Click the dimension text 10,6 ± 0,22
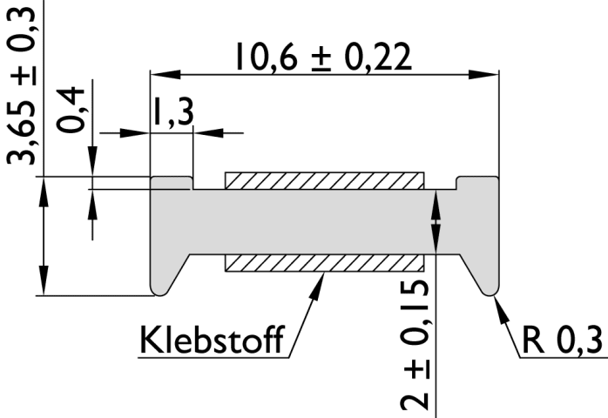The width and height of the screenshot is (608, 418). [321, 57]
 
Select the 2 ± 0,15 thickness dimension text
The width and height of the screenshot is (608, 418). [416, 345]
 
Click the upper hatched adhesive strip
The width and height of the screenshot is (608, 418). [324, 180]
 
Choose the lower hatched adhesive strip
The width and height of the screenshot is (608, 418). [324, 262]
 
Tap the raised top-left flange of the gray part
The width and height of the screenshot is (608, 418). [172, 183]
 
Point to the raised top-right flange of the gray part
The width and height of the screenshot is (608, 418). [477, 183]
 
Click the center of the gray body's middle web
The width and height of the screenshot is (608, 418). [324, 221]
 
